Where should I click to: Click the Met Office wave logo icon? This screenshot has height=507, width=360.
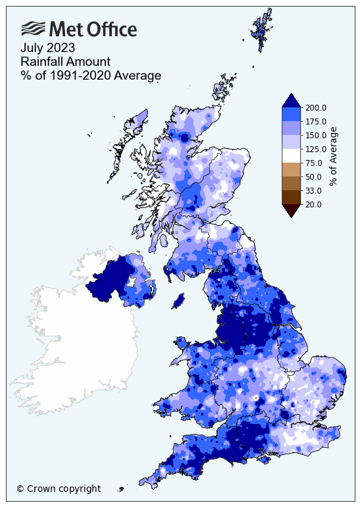pos(34,28)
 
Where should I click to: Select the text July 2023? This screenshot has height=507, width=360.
pos(47,47)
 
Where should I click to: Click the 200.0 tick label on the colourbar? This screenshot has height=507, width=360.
pos(315,107)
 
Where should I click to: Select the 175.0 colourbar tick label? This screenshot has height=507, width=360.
pos(315,121)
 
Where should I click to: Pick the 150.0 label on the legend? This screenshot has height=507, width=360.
pos(315,135)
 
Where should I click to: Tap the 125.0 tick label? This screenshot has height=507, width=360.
pos(315,149)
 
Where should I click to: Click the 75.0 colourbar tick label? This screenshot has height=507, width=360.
pos(313,163)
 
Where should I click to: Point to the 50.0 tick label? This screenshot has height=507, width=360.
pos(313,176)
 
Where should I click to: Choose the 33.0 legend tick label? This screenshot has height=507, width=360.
pos(313,190)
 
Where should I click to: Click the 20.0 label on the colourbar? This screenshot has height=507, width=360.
pos(313,204)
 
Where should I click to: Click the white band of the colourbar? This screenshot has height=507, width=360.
pos(292,155)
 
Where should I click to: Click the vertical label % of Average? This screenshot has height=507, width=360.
pos(334,156)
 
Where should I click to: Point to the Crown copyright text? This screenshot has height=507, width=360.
pos(59,489)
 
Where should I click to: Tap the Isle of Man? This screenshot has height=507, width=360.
pos(177,300)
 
